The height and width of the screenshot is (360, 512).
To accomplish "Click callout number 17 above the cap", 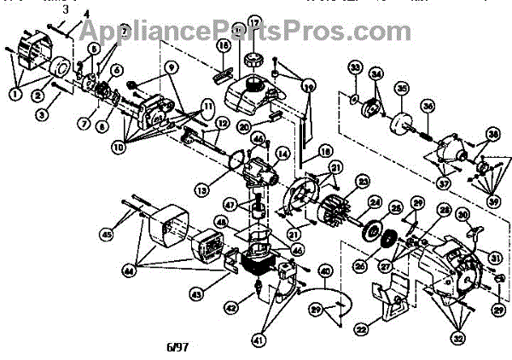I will pos(254,21).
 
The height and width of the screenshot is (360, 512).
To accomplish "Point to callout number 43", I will pos(197,294).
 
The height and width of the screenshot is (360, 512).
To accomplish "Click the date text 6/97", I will pos(177,348).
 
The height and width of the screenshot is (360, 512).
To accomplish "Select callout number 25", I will pos(396,207).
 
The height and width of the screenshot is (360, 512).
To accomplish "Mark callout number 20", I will pos(242,127).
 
